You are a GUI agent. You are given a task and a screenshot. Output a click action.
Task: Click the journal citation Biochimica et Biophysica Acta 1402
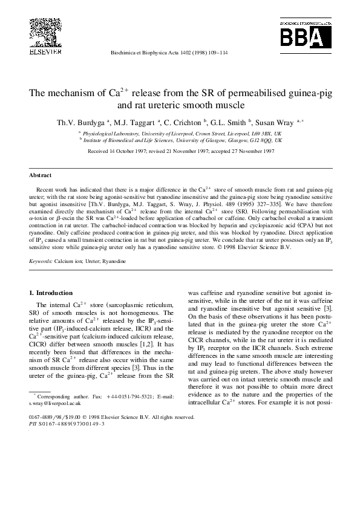pos(179,53)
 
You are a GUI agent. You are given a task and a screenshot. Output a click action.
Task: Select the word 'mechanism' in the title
pos(80,94)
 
